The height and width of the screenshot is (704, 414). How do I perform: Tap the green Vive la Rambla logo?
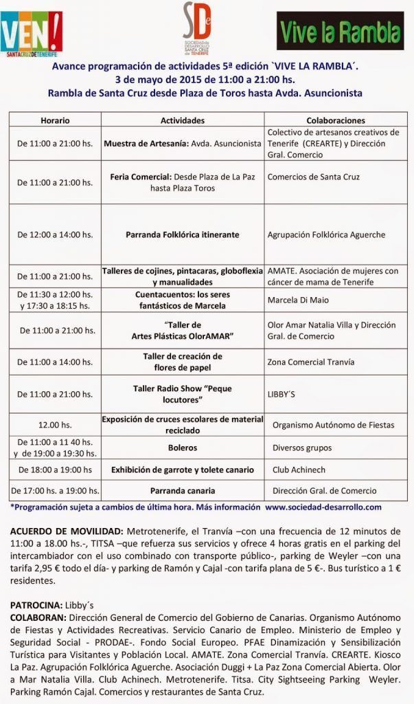coord(340,31)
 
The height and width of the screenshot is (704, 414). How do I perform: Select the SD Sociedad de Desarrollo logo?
coord(197,30)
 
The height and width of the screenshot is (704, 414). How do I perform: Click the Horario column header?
coord(55,120)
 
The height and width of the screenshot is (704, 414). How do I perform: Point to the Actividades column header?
coord(183,120)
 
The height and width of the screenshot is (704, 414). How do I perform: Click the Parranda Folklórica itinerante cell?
coord(183,234)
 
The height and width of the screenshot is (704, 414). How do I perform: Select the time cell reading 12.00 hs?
coord(55,425)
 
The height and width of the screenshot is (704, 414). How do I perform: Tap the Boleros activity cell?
coord(183,448)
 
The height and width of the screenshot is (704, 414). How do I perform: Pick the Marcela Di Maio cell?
coord(298,300)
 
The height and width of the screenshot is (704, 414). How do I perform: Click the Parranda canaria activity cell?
coord(183,491)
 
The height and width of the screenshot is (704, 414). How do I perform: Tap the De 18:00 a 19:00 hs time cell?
coord(55,470)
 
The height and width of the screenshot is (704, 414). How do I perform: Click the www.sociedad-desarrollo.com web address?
coord(323,507)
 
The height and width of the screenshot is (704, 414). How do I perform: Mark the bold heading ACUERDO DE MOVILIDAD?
coord(66,531)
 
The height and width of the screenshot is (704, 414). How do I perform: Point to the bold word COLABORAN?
coord(38,617)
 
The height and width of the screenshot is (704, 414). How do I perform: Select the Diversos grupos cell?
coord(301,448)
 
